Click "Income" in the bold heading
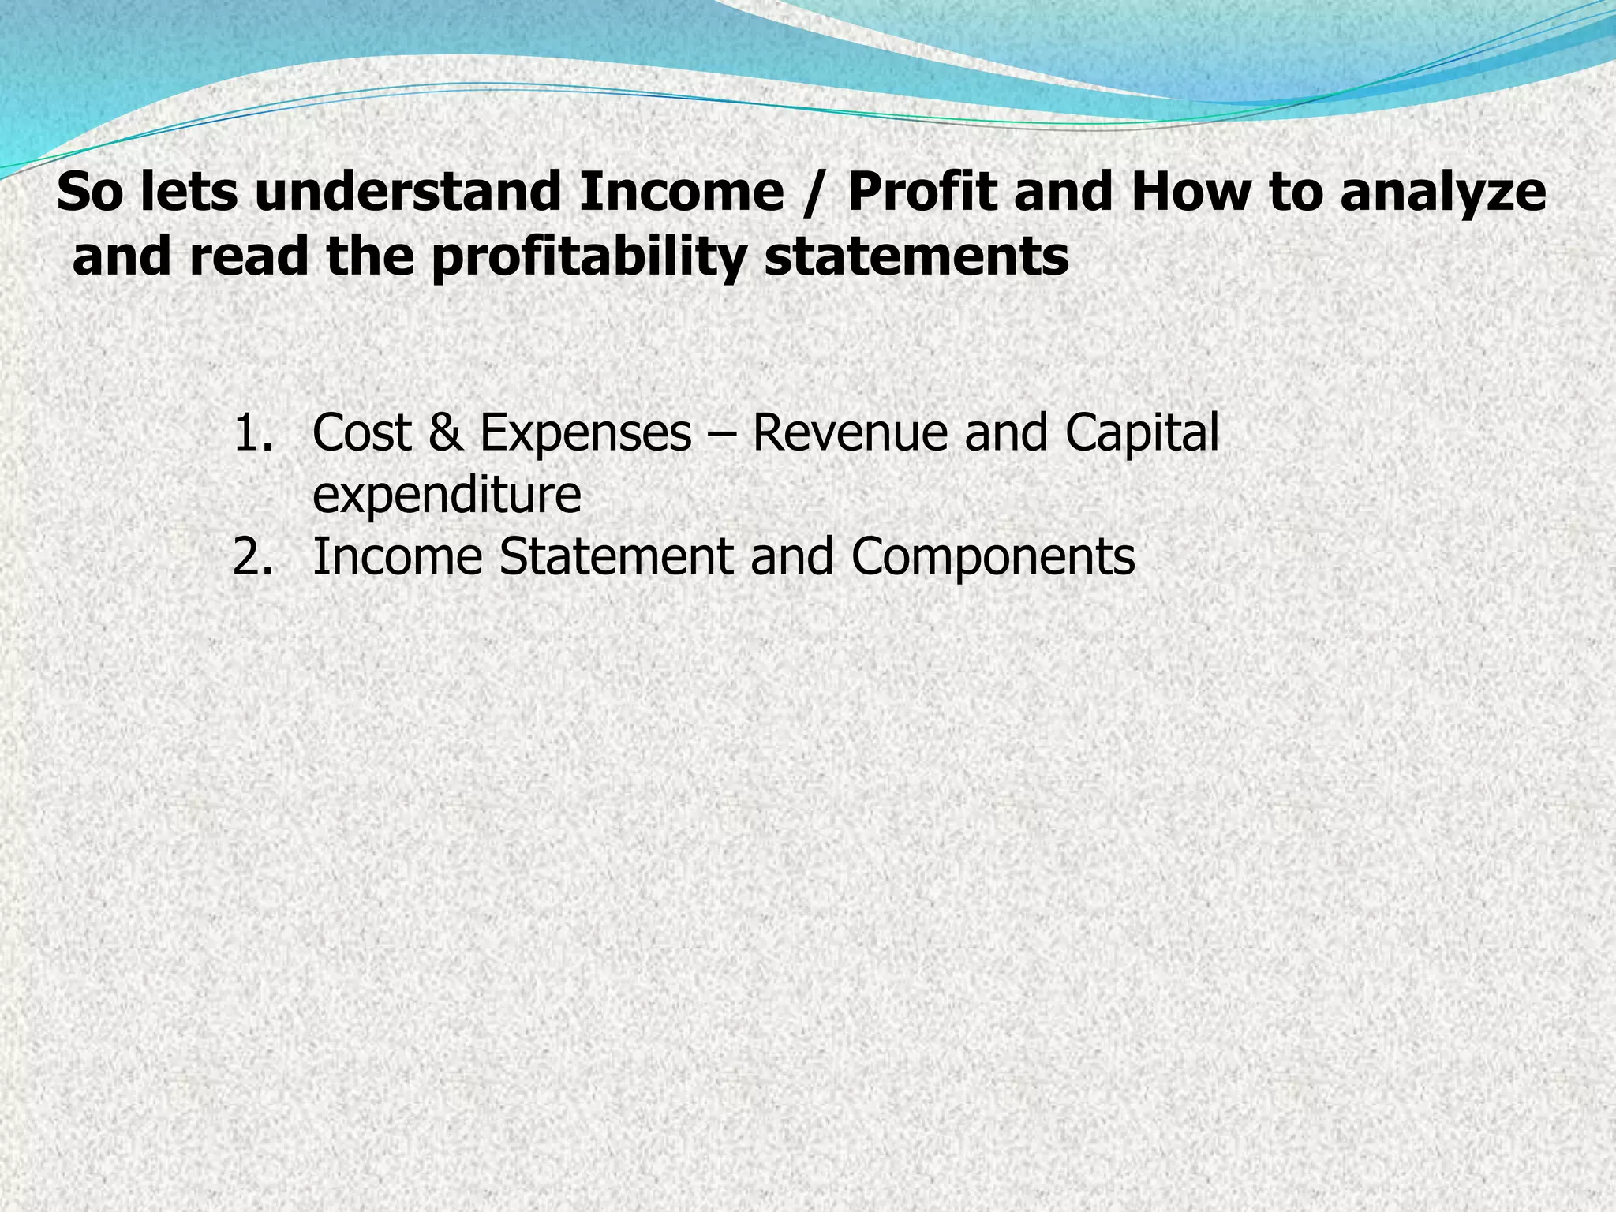point(681,193)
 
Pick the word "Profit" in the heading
point(922,193)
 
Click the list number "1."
point(253,434)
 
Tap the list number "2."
point(253,556)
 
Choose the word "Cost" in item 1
point(362,433)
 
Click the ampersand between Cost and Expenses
point(446,433)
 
